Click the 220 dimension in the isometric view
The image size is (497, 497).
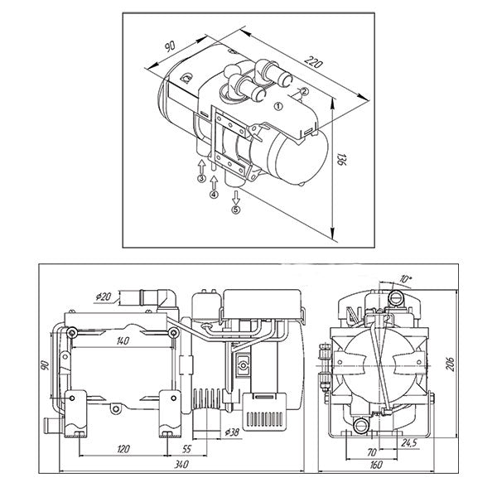tap(311, 63)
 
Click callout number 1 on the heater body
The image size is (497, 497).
tap(278, 105)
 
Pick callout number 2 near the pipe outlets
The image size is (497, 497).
tap(304, 91)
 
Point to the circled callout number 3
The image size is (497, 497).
tap(201, 177)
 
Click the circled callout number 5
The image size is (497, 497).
tap(235, 210)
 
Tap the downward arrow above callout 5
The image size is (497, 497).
tap(235, 196)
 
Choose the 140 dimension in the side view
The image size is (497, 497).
tap(123, 340)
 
